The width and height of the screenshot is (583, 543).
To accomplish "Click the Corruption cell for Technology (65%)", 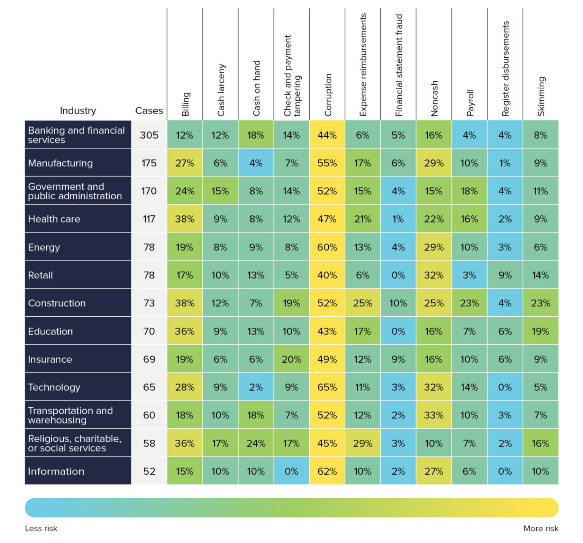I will (327, 387).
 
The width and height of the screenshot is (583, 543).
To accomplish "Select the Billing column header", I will (185, 104).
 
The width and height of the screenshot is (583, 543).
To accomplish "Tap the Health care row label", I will (54, 219).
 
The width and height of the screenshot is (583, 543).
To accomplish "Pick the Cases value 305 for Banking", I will (149, 135).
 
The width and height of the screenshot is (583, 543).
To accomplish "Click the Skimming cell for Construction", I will (540, 303).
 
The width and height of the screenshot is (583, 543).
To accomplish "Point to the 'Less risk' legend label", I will (41, 528).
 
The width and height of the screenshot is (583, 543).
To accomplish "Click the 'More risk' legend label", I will (540, 528).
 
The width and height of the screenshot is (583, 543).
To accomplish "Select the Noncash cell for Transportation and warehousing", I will (433, 415).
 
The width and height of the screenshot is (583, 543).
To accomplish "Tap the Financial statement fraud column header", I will (399, 65).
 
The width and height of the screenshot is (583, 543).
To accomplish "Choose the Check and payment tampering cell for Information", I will (291, 471).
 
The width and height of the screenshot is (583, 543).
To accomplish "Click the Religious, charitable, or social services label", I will (74, 443).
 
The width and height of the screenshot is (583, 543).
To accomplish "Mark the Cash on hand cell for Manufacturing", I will (256, 163).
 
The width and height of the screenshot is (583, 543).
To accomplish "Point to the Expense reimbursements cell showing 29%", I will (362, 443).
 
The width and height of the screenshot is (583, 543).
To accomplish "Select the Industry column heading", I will (78, 110).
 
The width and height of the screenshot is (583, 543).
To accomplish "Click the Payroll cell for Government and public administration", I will (469, 191).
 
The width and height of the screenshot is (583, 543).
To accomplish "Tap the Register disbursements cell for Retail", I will (505, 275).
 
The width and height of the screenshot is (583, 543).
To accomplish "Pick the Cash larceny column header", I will (221, 90).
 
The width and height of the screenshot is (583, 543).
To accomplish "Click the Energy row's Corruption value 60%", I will (327, 247).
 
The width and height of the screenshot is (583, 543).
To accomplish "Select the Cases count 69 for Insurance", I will (149, 359).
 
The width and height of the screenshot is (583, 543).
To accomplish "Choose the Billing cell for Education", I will (185, 331).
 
